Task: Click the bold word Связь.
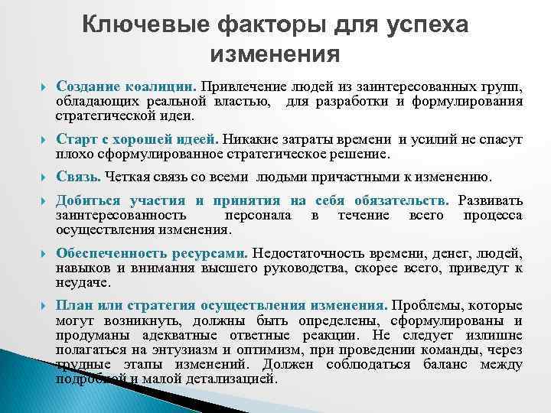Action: coord(78,177)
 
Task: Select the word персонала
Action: coord(259,215)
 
